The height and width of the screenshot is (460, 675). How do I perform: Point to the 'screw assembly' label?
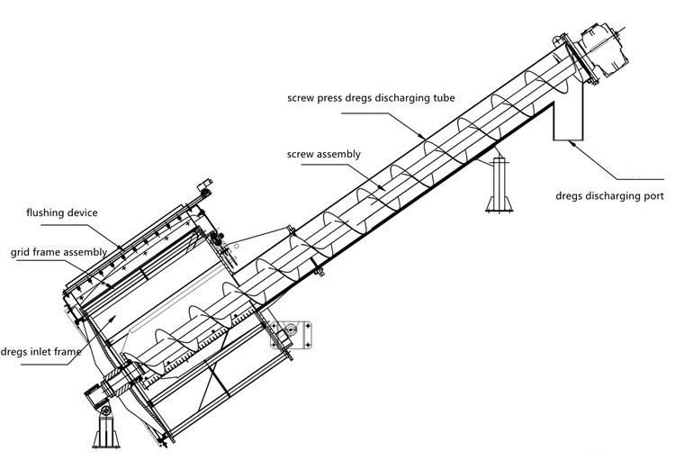[x=325, y=154]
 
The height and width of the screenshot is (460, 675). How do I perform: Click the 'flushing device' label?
[x=62, y=212]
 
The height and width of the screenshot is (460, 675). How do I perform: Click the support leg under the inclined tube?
[x=497, y=187]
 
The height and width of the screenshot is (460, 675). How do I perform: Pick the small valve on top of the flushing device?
[x=204, y=188]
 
